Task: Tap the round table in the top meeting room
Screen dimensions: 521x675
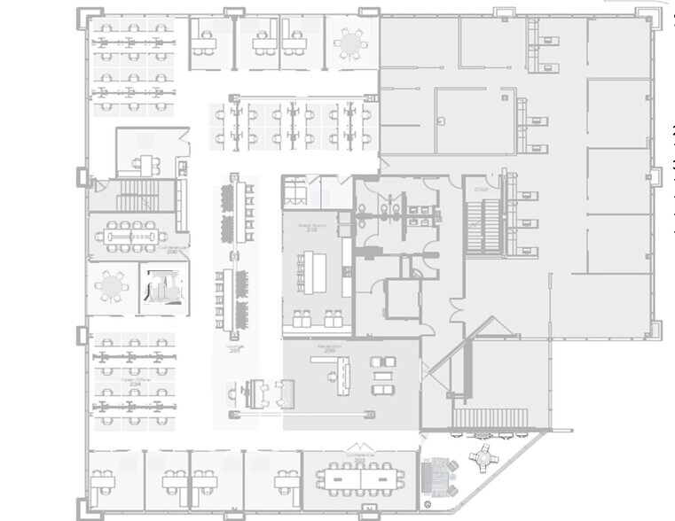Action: point(351,42)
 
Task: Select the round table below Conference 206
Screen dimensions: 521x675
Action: point(113,287)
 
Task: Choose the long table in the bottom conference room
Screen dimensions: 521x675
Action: point(360,477)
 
